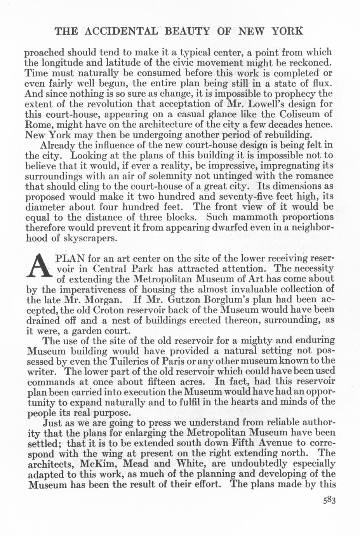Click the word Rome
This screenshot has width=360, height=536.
pos(38,125)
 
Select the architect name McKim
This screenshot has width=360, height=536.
pos(99,464)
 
